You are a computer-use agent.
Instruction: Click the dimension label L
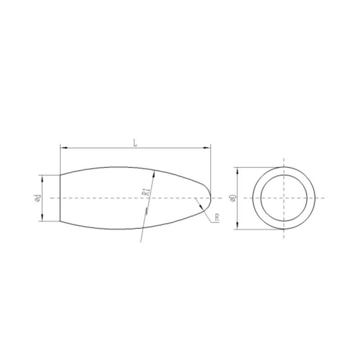(135, 143)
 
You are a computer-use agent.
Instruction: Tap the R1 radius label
(146, 192)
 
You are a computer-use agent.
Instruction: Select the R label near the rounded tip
(217, 218)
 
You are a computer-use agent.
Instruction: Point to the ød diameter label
(38, 198)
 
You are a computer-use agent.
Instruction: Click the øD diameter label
(233, 198)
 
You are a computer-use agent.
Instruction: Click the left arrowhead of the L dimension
(63, 148)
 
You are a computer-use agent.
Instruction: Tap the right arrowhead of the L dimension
(207, 148)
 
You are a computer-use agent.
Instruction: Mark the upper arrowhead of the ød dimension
(42, 178)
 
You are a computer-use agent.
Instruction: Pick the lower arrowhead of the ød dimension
(42, 218)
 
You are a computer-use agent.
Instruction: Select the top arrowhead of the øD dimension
(238, 171)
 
